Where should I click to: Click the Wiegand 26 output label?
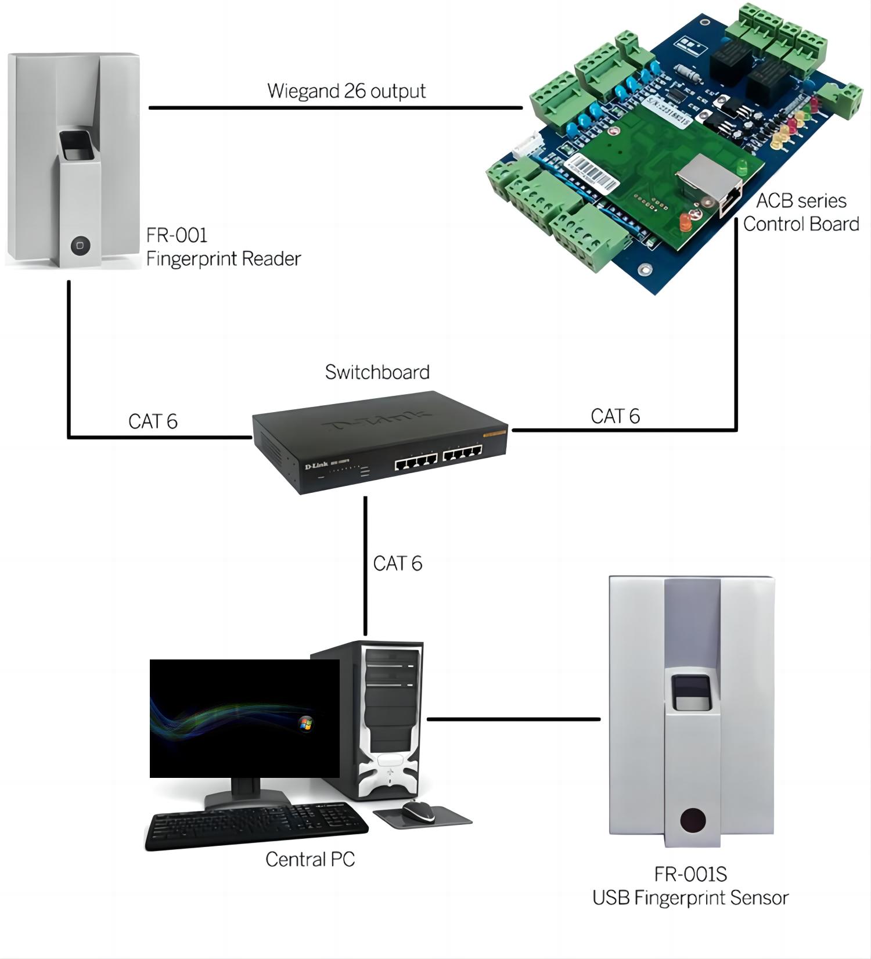[x=346, y=91]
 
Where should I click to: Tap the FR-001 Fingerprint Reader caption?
[x=223, y=247]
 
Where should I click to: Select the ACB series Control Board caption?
[x=801, y=212]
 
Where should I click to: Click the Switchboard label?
[x=377, y=372]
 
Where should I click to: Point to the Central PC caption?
[x=310, y=860]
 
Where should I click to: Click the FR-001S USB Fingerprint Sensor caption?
[x=690, y=886]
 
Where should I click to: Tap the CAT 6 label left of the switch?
[x=153, y=421]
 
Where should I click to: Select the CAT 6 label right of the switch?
[x=615, y=416]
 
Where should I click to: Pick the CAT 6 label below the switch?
[x=397, y=564]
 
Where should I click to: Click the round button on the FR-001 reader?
[x=80, y=246]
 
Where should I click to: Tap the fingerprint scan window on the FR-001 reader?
[x=78, y=145]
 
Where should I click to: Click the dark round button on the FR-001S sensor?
[x=693, y=821]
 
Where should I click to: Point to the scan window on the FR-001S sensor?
[x=691, y=693]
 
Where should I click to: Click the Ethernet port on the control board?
[x=730, y=200]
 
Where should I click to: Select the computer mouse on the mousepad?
[x=418, y=810]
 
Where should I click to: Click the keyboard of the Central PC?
[x=255, y=827]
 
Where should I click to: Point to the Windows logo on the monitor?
[x=305, y=723]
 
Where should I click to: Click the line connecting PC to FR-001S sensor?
[x=513, y=719]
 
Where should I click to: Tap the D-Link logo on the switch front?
[x=316, y=466]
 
